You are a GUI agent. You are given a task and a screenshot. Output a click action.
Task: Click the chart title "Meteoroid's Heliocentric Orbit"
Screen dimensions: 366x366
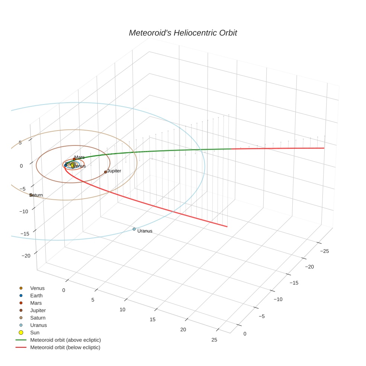[183, 33]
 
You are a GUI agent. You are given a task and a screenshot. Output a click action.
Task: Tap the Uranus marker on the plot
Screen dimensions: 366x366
[134, 229]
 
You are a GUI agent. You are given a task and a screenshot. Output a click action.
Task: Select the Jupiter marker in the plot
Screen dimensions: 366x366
[106, 172]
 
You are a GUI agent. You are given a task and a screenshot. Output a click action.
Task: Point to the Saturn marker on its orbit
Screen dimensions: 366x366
[31, 195]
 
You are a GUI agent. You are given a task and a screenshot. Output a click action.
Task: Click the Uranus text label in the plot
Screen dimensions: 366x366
[145, 231]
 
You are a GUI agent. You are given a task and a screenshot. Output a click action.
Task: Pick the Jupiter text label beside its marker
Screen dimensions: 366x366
[114, 171]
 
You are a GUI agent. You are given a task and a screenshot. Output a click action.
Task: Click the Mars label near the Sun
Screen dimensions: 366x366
[79, 157]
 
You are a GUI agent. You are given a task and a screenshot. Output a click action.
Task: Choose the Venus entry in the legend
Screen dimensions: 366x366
[37, 288]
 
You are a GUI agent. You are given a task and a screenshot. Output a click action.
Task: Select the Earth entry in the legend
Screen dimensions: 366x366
[36, 295]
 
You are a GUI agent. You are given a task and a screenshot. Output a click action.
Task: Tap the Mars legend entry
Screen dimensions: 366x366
[36, 303]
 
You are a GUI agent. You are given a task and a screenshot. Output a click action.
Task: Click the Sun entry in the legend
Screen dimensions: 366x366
[35, 333]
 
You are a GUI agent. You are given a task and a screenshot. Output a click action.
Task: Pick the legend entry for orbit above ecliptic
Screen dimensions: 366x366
[65, 340]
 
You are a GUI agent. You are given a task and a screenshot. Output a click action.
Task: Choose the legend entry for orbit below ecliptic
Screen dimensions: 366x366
[65, 347]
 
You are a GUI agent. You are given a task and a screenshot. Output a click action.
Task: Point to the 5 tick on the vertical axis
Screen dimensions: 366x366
[20, 143]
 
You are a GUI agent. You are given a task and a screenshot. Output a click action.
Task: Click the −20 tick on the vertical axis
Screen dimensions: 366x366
[26, 256]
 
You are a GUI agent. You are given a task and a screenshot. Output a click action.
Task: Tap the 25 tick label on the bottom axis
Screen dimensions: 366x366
[214, 340]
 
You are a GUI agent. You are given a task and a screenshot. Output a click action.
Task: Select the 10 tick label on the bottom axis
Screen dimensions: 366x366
[122, 309]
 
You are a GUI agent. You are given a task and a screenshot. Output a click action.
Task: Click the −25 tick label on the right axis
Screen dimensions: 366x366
[324, 251]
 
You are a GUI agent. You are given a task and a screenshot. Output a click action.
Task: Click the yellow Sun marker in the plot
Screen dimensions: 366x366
[73, 165]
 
